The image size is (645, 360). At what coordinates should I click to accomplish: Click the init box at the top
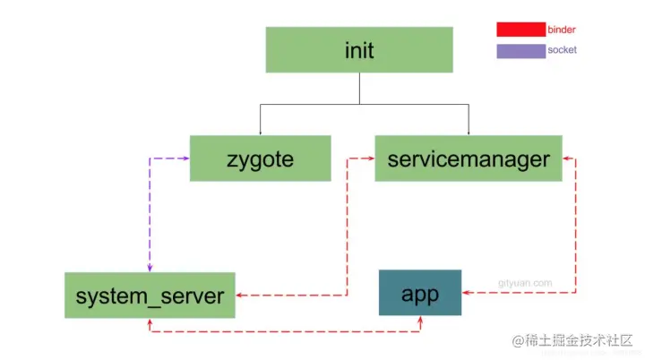(x=358, y=50)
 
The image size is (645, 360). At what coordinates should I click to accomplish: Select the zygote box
(x=260, y=159)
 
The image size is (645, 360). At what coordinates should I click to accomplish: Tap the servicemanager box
(x=468, y=159)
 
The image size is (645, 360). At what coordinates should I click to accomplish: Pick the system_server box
(x=150, y=296)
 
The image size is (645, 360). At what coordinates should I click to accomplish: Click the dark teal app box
(x=419, y=293)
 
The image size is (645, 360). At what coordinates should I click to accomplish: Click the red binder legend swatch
(x=520, y=30)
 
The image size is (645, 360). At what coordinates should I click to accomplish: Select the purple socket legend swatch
(x=520, y=50)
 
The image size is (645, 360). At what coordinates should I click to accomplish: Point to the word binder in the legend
(x=562, y=30)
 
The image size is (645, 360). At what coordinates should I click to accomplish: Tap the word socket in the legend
(x=562, y=50)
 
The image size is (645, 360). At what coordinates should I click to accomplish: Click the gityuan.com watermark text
(x=525, y=283)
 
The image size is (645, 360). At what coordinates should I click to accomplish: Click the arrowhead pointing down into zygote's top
(x=260, y=132)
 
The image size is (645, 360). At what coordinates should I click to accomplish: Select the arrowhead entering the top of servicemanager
(x=468, y=132)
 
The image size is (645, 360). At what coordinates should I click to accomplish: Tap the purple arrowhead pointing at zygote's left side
(x=185, y=159)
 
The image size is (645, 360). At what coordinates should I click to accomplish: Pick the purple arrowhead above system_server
(x=150, y=269)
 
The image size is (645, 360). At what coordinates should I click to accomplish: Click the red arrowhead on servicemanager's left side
(x=370, y=159)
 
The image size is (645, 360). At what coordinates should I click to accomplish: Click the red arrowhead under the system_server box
(x=149, y=322)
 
